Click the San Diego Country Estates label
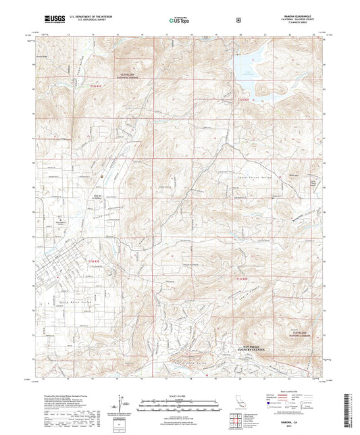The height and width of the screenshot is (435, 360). (x=250, y=347)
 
